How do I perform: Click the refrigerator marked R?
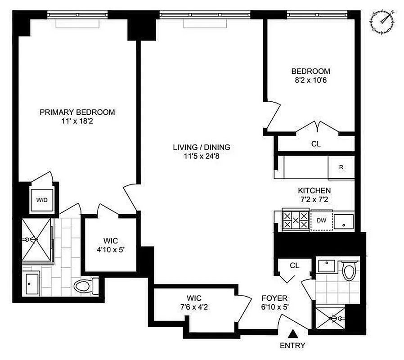coord(341,167)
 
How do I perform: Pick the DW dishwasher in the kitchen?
coord(321,220)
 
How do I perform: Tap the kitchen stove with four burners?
coord(296,220)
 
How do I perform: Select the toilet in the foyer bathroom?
coord(348,271)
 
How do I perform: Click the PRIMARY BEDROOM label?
coord(77,112)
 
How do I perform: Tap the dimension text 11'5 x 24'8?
coord(202,156)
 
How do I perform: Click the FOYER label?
coord(275,298)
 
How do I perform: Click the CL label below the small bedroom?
coord(316,144)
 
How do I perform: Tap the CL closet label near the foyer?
coord(294,265)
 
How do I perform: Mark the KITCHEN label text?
coord(314,191)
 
